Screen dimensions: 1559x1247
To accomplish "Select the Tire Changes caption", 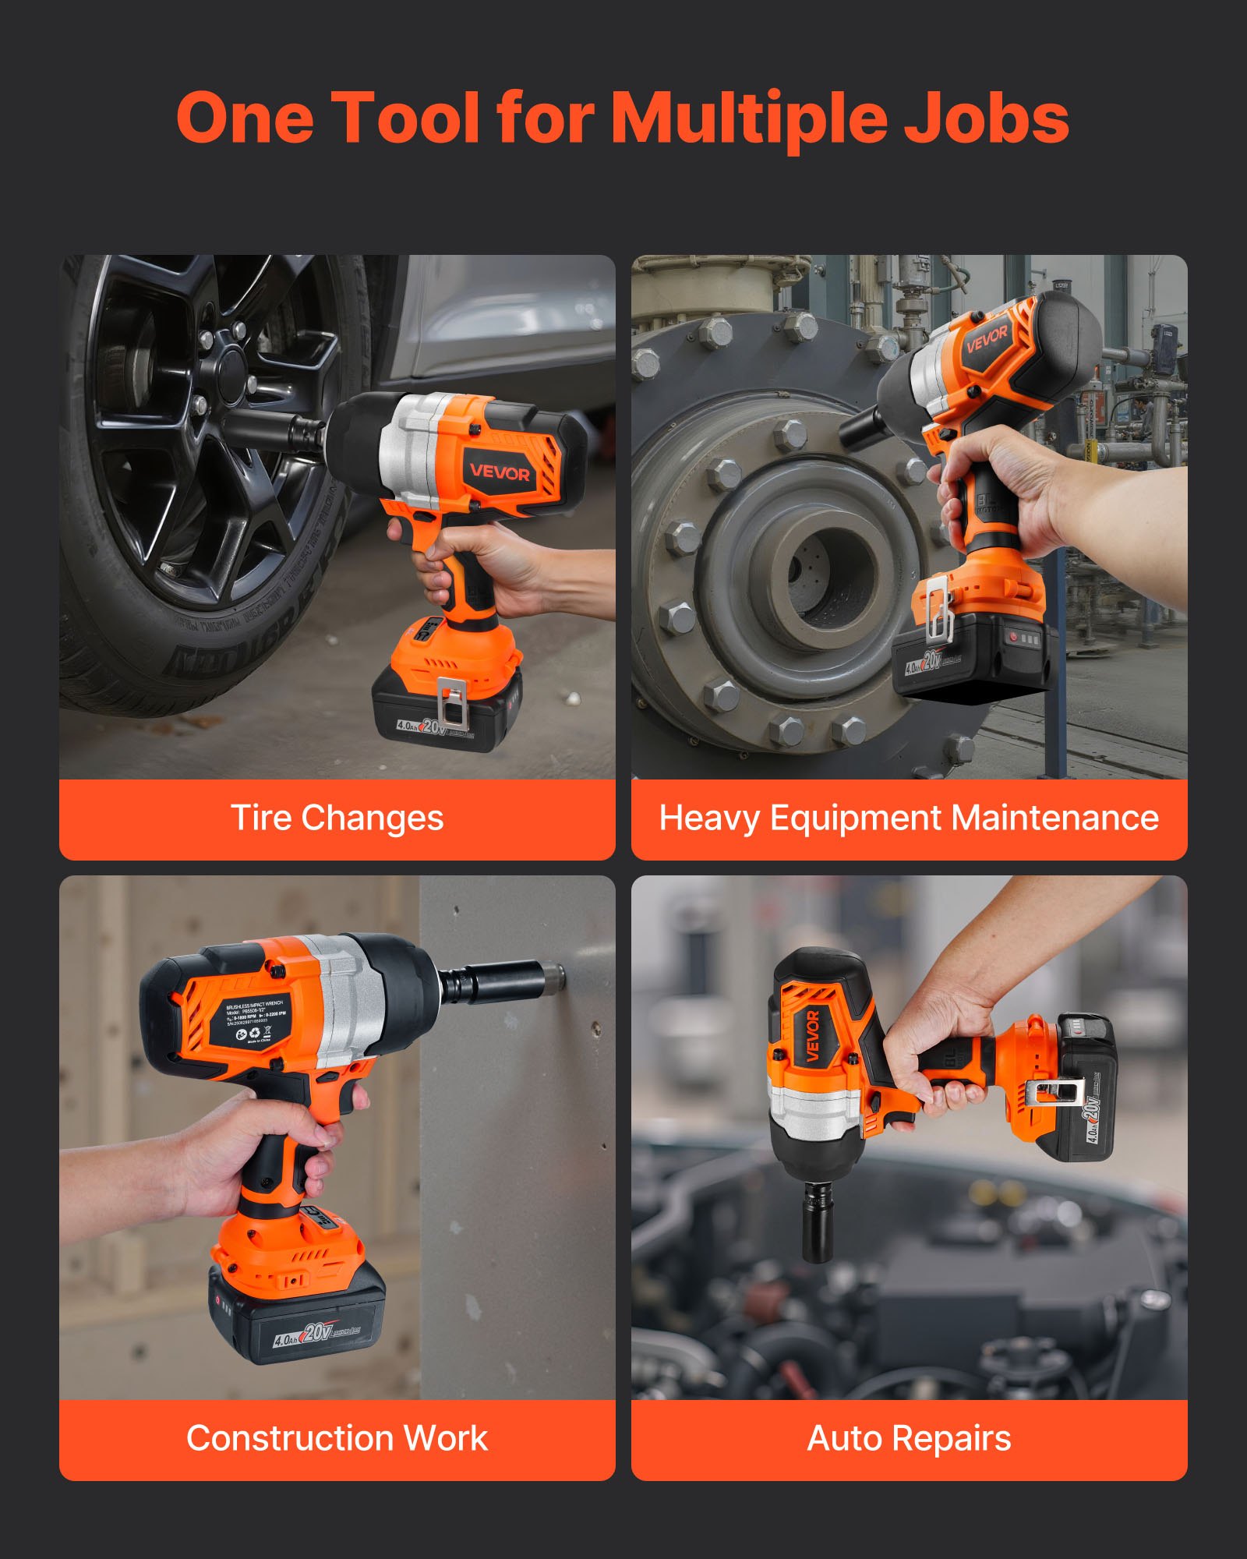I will click(337, 818).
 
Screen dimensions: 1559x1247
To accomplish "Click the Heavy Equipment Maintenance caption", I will click(909, 818).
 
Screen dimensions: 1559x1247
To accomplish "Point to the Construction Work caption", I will click(337, 1438).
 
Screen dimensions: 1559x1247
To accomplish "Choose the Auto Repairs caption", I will click(909, 1438).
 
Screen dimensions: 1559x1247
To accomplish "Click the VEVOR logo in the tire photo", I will click(499, 472).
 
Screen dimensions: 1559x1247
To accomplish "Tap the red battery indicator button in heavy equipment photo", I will click(1014, 637).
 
